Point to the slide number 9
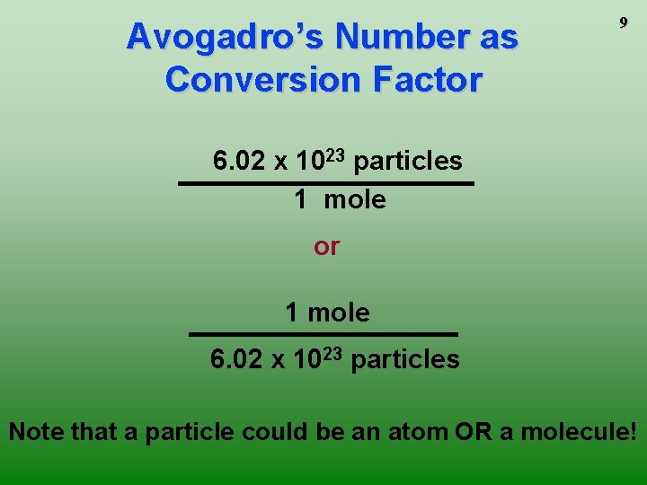click(x=622, y=24)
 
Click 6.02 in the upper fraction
click(x=238, y=162)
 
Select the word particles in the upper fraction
click(x=408, y=162)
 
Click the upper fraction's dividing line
click(x=325, y=183)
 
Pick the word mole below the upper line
click(x=355, y=199)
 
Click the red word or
click(x=326, y=246)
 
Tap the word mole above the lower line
click(x=339, y=313)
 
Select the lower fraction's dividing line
click(x=323, y=334)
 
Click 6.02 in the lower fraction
click(x=235, y=360)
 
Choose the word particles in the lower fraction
click(x=405, y=360)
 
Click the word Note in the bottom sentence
click(x=36, y=432)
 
